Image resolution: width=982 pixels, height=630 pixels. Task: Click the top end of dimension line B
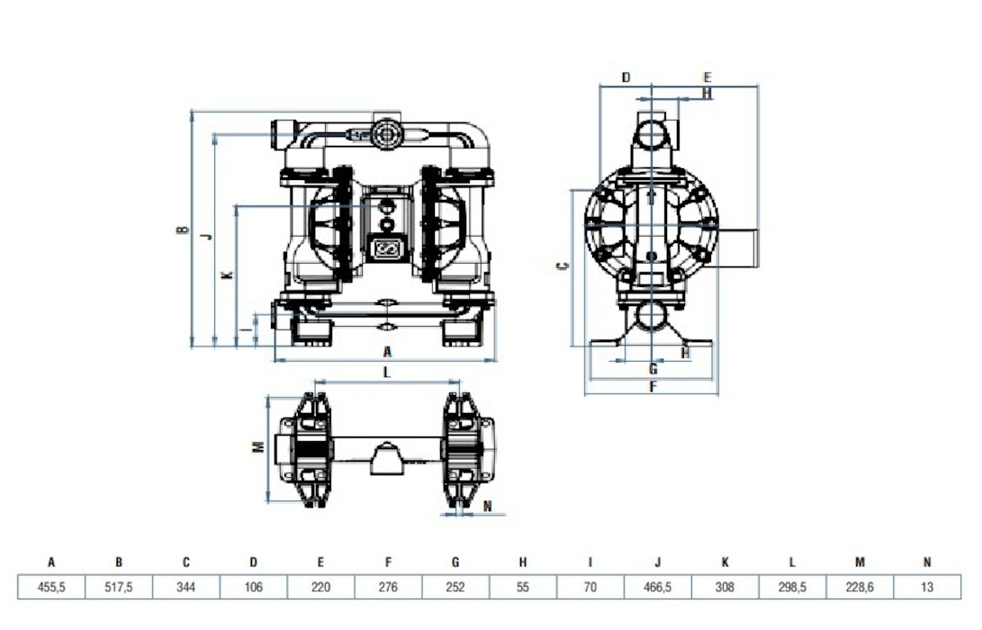click(192, 110)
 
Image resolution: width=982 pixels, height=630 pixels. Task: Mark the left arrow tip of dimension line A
click(275, 360)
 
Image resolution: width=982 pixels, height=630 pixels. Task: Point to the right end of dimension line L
click(460, 382)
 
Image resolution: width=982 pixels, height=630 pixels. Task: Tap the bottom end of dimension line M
click(268, 502)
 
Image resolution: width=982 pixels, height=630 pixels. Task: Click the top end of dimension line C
click(572, 190)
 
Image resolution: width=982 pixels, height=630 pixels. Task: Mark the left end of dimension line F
click(585, 394)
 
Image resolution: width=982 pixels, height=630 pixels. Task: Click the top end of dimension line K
click(236, 205)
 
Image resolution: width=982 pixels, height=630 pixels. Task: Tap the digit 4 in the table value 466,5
click(644, 588)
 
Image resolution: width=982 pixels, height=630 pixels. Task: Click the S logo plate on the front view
click(386, 249)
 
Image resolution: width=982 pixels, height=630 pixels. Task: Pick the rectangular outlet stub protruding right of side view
click(738, 248)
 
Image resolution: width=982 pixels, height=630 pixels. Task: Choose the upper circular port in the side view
click(652, 135)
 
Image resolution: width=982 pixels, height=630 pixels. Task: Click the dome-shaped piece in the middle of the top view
click(383, 458)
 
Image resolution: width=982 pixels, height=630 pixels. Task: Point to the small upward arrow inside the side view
click(652, 195)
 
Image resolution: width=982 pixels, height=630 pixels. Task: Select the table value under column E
click(320, 588)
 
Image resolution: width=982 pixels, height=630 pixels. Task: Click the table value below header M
click(860, 588)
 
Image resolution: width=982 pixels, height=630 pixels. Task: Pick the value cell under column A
click(51, 588)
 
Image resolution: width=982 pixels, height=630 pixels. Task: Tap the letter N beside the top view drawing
click(488, 506)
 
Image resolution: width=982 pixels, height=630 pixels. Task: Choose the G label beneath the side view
click(653, 369)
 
